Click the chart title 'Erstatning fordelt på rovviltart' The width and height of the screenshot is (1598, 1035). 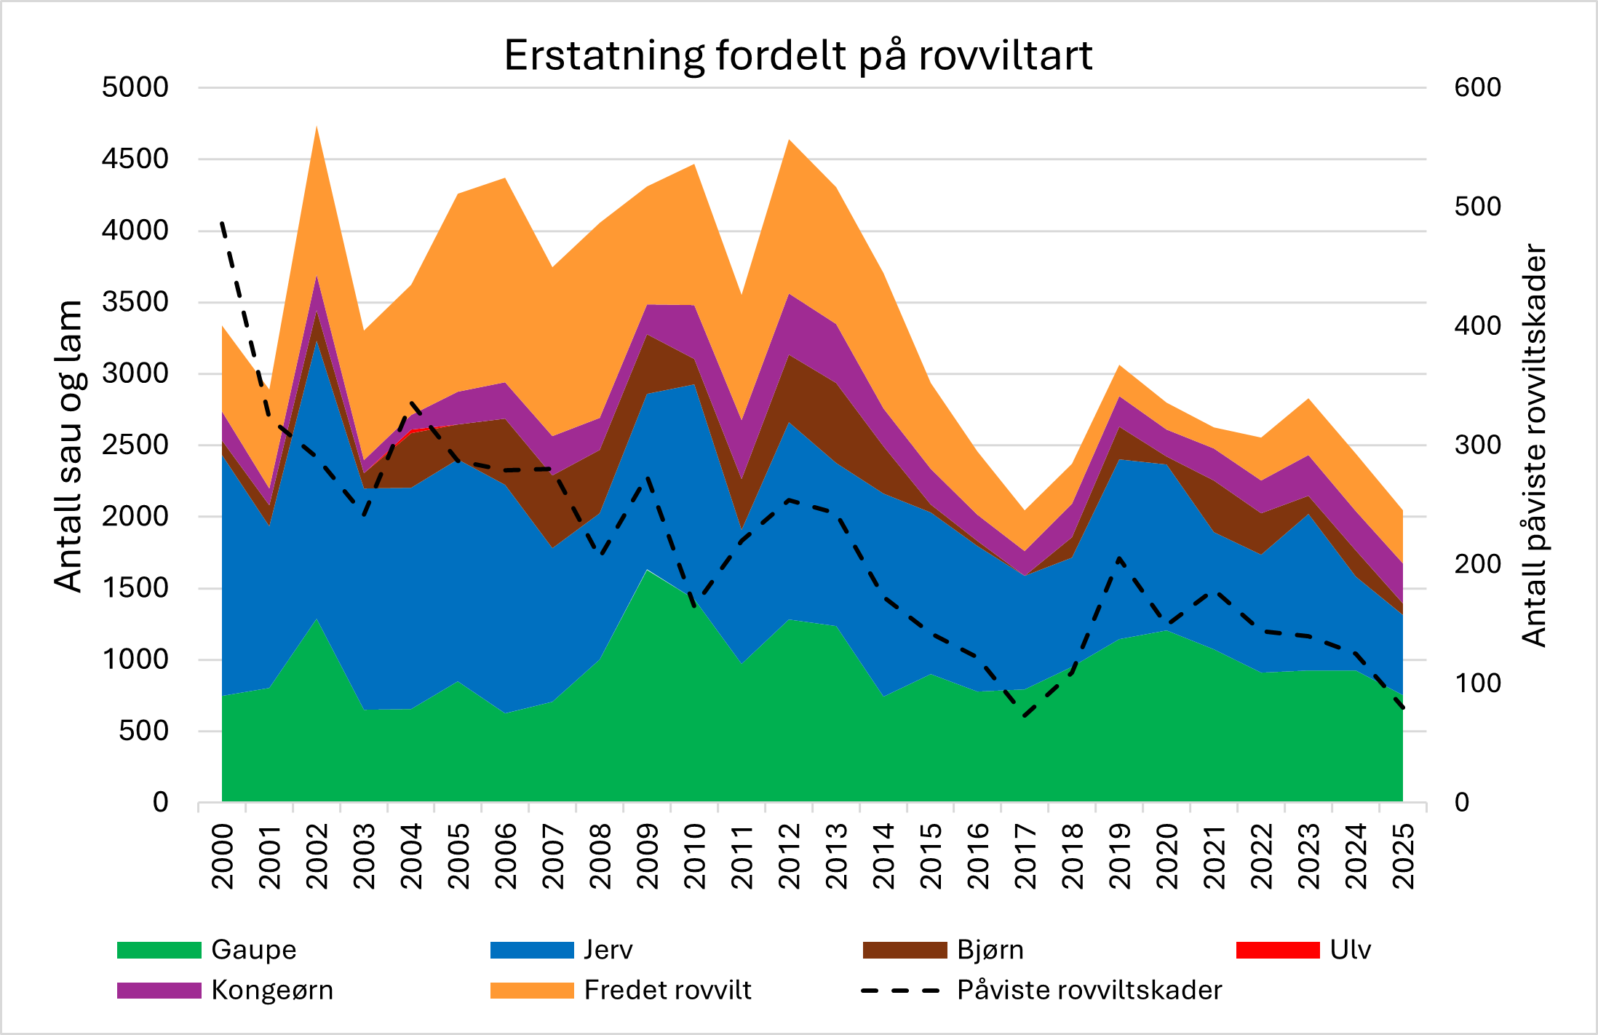[798, 55]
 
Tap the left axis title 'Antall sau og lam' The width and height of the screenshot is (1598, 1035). [69, 445]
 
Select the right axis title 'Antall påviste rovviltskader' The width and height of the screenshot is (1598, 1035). [1534, 445]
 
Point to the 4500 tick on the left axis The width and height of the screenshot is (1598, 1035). [135, 159]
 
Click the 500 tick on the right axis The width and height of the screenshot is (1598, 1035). [1477, 207]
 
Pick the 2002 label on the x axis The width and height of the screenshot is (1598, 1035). [317, 856]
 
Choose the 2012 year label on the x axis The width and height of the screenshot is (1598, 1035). [790, 856]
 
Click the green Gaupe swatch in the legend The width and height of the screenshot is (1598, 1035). [159, 950]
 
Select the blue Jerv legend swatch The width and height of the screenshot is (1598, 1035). [532, 950]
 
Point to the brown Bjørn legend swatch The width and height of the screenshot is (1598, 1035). [905, 950]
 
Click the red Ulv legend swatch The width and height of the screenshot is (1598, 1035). [1278, 950]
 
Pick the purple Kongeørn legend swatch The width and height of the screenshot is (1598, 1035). [159, 991]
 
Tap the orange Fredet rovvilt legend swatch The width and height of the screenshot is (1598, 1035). [532, 991]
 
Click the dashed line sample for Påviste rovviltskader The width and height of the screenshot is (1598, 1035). [901, 991]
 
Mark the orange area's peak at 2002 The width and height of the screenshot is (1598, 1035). [317, 127]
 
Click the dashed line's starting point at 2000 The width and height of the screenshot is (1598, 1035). [222, 223]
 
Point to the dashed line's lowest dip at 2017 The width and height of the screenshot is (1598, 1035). [1025, 716]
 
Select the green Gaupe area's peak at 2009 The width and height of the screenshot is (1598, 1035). [647, 570]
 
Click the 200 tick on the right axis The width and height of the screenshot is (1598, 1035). [1477, 564]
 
